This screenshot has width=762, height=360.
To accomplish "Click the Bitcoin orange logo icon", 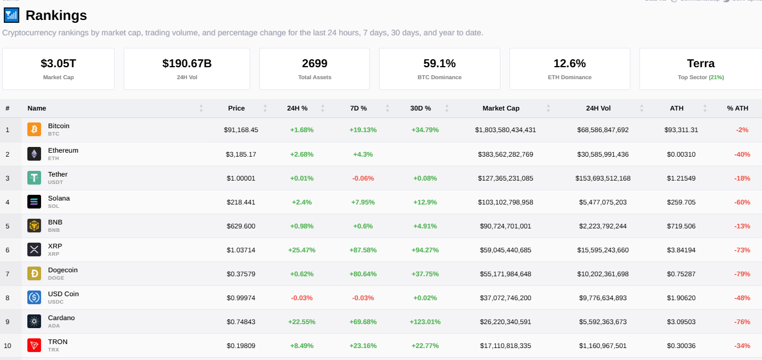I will (34, 130).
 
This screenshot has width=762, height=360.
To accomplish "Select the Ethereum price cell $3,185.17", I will (241, 154).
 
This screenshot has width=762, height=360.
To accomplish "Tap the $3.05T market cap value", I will (58, 63).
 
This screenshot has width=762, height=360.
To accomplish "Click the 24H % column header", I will (297, 108).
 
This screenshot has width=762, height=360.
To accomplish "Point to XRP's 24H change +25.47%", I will (303, 250).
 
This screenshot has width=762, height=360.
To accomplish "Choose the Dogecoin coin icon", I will (34, 273).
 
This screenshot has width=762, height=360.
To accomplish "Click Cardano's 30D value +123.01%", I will (425, 322).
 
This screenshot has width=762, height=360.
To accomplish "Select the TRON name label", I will (58, 342).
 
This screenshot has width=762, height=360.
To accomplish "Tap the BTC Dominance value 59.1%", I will (439, 63).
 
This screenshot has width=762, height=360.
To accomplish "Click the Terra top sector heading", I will (700, 63).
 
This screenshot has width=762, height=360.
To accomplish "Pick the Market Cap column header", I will (500, 108).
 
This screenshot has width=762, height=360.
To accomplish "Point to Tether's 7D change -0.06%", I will (363, 178).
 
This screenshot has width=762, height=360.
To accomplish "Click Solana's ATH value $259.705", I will (681, 202).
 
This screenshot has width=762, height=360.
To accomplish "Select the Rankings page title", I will (56, 15).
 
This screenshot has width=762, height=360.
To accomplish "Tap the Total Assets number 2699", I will (315, 63).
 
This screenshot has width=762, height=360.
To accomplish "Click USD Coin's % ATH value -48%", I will (742, 298).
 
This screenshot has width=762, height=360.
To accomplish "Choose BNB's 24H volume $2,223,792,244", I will (603, 226).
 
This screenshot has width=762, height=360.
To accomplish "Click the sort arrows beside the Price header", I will (265, 108).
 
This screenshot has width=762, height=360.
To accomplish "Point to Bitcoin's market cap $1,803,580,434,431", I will (506, 130).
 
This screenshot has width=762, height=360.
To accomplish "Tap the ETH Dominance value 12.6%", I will (569, 63).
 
